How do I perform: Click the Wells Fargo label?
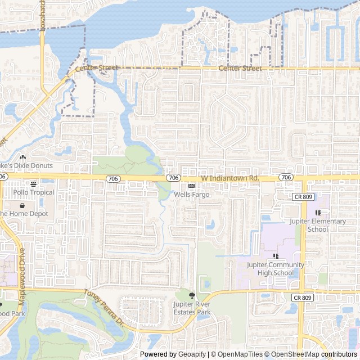(191, 194)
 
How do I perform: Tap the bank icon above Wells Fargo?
(191, 186)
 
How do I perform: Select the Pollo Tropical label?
(34, 192)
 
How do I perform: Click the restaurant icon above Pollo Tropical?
(33, 184)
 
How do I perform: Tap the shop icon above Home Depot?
(22, 205)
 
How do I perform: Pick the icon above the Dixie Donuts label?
(22, 157)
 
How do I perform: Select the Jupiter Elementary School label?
(318, 225)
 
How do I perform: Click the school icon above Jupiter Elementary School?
(318, 213)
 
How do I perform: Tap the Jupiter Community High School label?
(276, 269)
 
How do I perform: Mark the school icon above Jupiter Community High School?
(276, 256)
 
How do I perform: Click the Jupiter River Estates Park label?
(192, 308)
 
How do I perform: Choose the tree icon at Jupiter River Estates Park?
(192, 295)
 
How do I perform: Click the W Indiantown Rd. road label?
(229, 178)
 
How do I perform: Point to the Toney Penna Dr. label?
(103, 308)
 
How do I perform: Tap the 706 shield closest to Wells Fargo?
(173, 178)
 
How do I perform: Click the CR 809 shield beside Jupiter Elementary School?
(303, 197)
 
